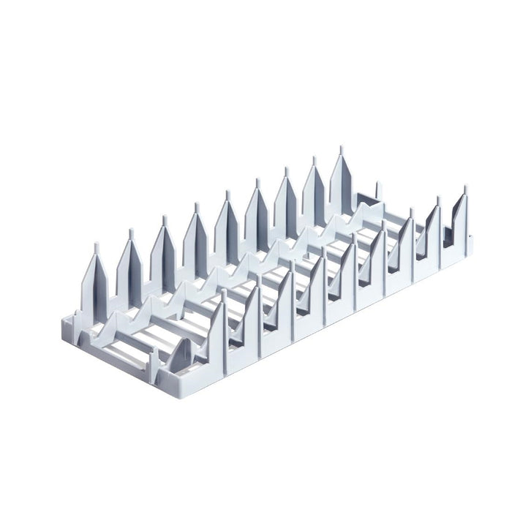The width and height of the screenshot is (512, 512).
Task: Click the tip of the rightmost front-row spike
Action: point(465,188)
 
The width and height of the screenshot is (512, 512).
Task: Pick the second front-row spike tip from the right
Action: point(439,199)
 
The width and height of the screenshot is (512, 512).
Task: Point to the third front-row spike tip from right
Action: point(410,211)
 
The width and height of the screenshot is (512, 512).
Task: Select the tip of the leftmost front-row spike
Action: point(224,290)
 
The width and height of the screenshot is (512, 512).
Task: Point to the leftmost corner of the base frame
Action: point(61,320)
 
